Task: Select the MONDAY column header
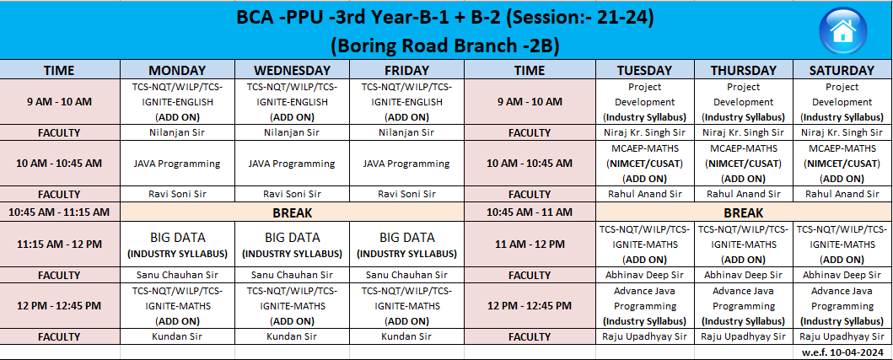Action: pyautogui.click(x=177, y=70)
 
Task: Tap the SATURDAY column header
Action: pyautogui.click(x=842, y=70)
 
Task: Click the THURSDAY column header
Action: pyautogui.click(x=743, y=70)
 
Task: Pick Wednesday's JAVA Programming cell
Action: pyautogui.click(x=292, y=164)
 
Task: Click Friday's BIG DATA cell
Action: pyautogui.click(x=406, y=244)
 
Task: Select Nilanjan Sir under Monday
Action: pyautogui.click(x=177, y=132)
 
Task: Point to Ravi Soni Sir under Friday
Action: pyautogui.click(x=406, y=194)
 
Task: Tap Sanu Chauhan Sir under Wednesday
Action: pyautogui.click(x=292, y=275)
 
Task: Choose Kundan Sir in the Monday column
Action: pyautogui.click(x=177, y=336)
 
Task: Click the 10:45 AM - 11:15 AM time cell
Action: pyautogui.click(x=59, y=212)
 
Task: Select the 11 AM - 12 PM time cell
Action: pyautogui.click(x=530, y=244)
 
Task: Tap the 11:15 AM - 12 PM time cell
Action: pyautogui.click(x=59, y=244)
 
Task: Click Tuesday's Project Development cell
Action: pyautogui.click(x=645, y=102)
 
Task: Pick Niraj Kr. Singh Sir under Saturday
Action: pyautogui.click(x=842, y=132)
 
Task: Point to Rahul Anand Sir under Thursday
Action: pyautogui.click(x=743, y=194)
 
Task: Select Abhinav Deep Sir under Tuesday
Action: pyautogui.click(x=645, y=275)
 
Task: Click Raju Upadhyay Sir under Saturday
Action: pyautogui.click(x=842, y=336)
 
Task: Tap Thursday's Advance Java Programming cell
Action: pyautogui.click(x=743, y=306)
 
